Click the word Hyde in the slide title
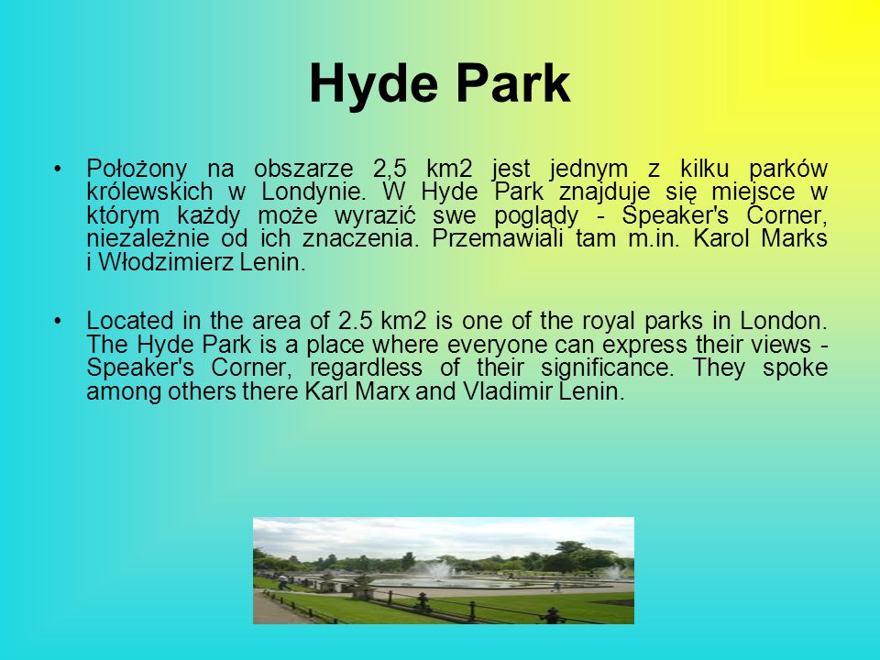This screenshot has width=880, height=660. [x=373, y=84]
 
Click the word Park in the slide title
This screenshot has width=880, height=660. [x=513, y=83]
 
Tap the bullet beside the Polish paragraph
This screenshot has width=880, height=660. [x=57, y=169]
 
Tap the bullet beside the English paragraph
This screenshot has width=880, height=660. [x=57, y=321]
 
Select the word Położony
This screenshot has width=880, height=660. [x=137, y=169]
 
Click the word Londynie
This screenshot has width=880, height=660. [x=313, y=192]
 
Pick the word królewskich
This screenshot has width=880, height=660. [x=149, y=192]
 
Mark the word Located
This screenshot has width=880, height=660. [x=130, y=321]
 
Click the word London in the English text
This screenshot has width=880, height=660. [x=784, y=321]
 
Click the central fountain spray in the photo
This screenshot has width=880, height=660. [x=439, y=570]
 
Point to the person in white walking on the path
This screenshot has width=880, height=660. [x=282, y=582]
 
